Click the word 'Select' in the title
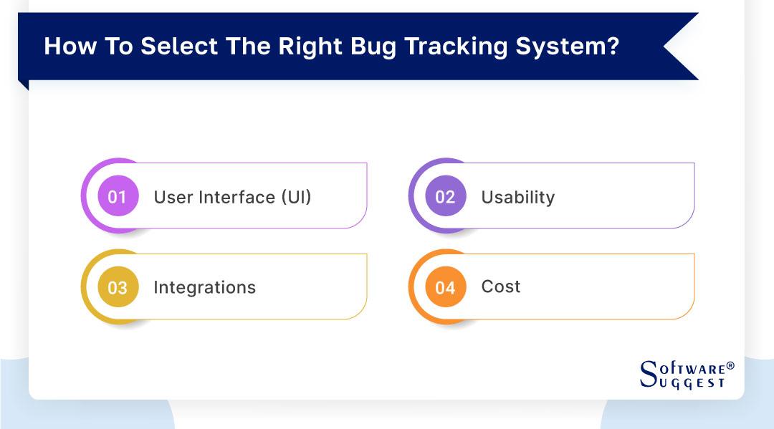[171, 47]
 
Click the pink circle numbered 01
[117, 196]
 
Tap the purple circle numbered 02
[445, 196]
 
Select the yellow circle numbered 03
[117, 287]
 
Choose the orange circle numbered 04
[445, 287]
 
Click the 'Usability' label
[517, 197]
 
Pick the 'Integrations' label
[204, 287]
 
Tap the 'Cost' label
[501, 286]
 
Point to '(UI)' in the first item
[295, 197]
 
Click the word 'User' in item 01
[173, 197]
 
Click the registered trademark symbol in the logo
[730, 365]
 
